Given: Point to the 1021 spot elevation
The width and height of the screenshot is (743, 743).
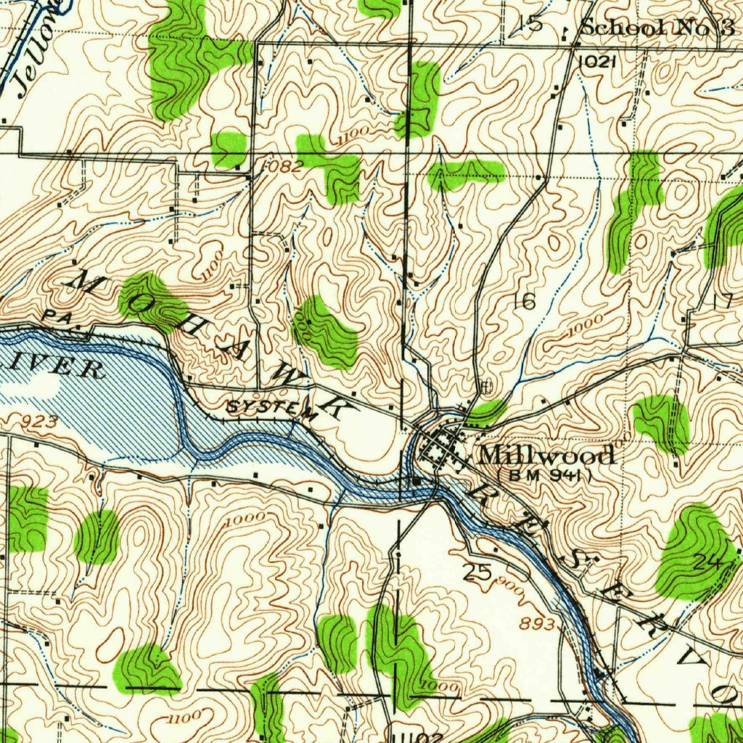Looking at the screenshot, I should [597, 62].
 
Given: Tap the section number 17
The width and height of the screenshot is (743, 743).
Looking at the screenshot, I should [723, 302].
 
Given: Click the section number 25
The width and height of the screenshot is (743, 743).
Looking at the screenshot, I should [477, 572].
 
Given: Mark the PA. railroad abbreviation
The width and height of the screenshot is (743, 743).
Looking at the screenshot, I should [54, 316].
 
